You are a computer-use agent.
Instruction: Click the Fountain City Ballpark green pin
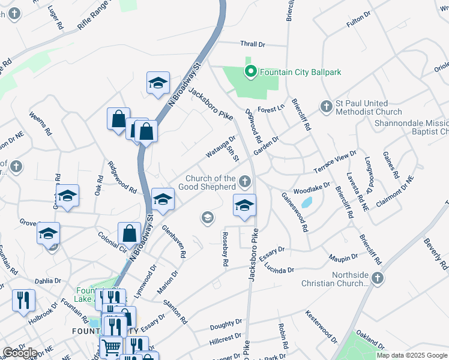pyautogui.click(x=251, y=72)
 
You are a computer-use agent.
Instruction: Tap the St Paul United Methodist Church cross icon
pyautogui.click(x=326, y=107)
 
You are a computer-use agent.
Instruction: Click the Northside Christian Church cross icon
pyautogui.click(x=376, y=278)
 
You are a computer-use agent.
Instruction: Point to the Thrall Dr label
pyautogui.click(x=252, y=44)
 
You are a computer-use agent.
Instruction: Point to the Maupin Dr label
pyautogui.click(x=343, y=257)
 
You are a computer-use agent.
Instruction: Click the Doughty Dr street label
pyautogui.click(x=226, y=326)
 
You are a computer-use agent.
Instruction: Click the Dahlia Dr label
pyautogui.click(x=48, y=280)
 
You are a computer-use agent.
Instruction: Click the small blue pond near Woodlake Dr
pyautogui.click(x=307, y=202)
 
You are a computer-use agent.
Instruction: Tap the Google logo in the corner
pyautogui.click(x=20, y=353)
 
